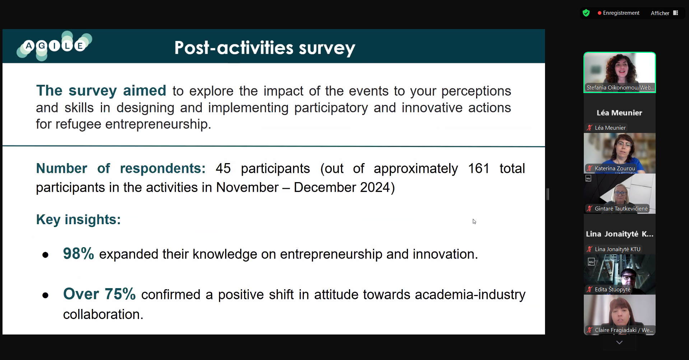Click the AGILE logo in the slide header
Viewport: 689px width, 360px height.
pyautogui.click(x=54, y=46)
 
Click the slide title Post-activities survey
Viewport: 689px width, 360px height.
pyautogui.click(x=265, y=48)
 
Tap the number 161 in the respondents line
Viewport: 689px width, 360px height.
pyautogui.click(x=479, y=168)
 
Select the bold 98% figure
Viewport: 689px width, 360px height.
pyautogui.click(x=78, y=253)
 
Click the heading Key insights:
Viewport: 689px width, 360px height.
pyautogui.click(x=78, y=220)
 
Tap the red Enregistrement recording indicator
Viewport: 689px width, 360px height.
pyautogui.click(x=618, y=13)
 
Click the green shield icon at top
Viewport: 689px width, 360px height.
pyautogui.click(x=586, y=13)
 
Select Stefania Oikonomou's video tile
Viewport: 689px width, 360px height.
pyautogui.click(x=620, y=72)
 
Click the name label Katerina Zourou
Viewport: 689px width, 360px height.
pyautogui.click(x=615, y=168)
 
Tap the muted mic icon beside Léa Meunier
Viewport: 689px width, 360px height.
pyautogui.click(x=590, y=128)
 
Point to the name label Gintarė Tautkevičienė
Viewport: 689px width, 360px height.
pyautogui.click(x=621, y=208)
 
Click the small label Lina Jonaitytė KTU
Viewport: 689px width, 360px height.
pyautogui.click(x=618, y=249)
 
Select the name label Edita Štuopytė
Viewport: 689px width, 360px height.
pyautogui.click(x=613, y=289)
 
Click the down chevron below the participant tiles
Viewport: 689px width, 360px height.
pyautogui.click(x=619, y=343)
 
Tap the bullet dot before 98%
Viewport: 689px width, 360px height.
pyautogui.click(x=45, y=255)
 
